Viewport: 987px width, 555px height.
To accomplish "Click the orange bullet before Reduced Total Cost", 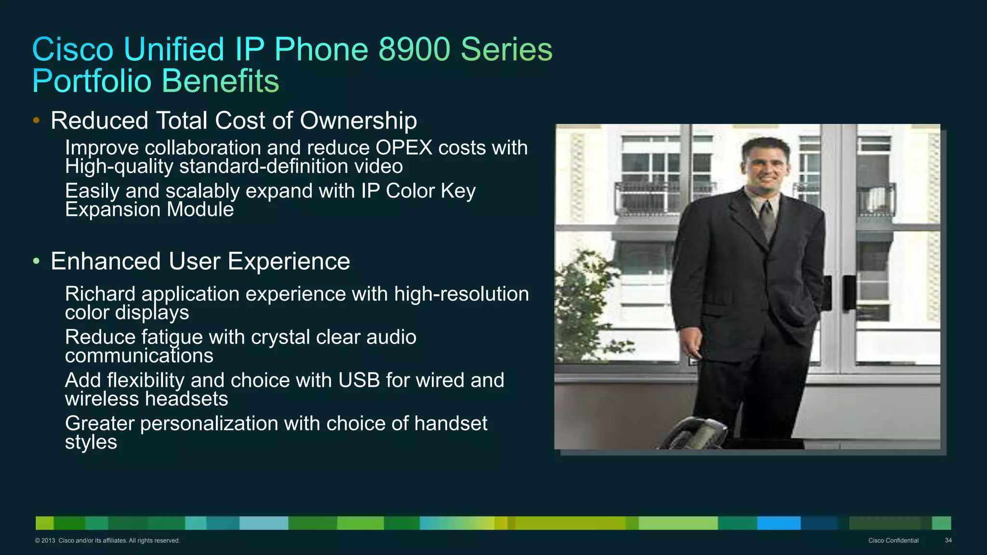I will point(36,120).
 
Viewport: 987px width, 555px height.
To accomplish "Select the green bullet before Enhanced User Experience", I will point(36,261).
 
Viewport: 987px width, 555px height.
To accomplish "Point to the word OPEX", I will point(404,148).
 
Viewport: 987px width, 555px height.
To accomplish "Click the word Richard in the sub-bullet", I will point(100,294).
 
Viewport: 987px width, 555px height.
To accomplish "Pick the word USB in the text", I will point(359,381).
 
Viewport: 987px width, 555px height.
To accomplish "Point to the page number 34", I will point(948,541).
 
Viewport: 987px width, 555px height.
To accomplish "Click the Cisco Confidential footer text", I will point(893,541).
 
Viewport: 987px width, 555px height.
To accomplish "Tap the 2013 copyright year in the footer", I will point(48,541).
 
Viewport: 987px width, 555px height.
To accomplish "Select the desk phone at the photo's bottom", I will point(694,434).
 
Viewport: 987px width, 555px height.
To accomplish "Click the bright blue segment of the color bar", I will point(778,523).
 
